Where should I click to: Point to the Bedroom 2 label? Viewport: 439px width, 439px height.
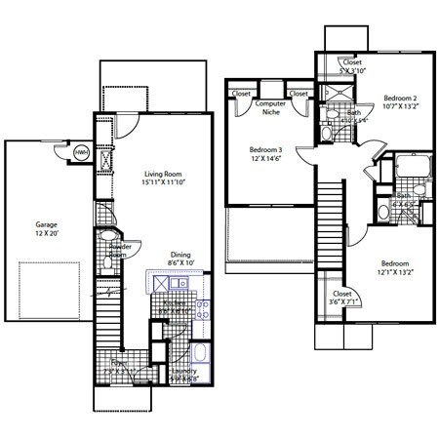(400, 99)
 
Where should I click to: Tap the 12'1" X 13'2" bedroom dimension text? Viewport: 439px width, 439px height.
(395, 273)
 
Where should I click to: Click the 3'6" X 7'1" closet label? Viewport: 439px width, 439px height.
(341, 303)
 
